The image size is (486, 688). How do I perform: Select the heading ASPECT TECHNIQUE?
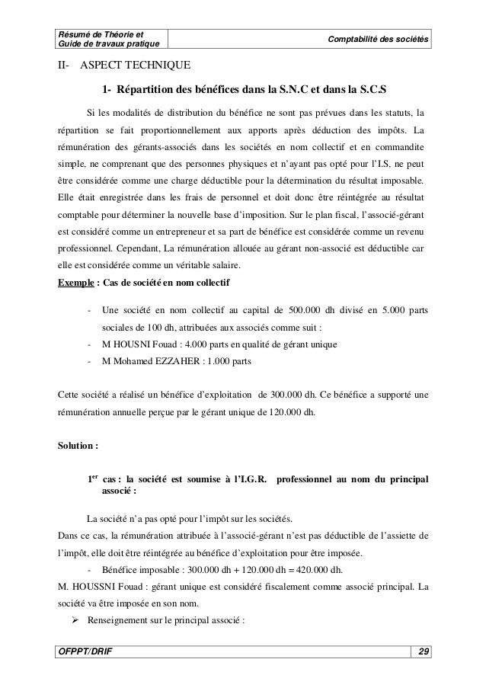coord(136,66)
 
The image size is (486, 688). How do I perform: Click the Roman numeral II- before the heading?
coord(66,66)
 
